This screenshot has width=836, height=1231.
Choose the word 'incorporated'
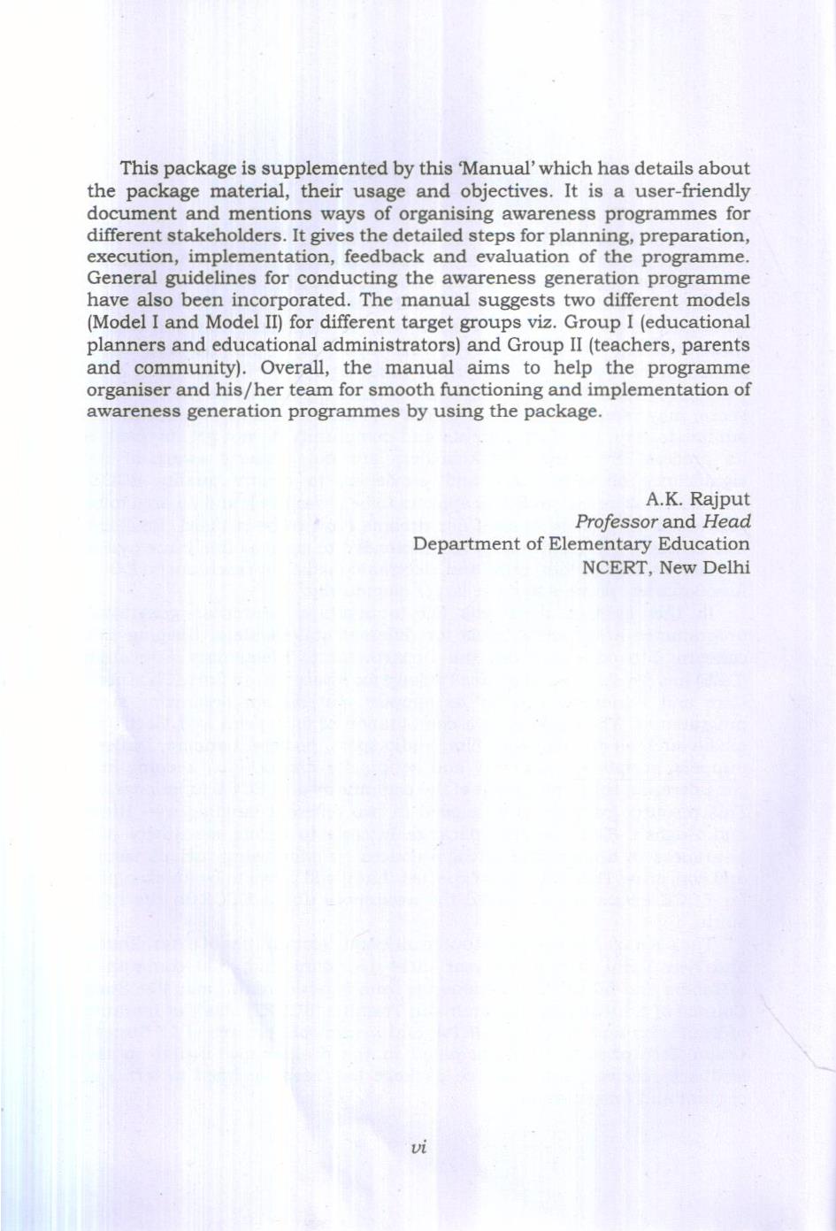tap(295, 301)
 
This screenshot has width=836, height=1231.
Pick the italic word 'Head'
tap(726, 522)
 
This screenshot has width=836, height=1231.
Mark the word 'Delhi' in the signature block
tap(725, 566)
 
